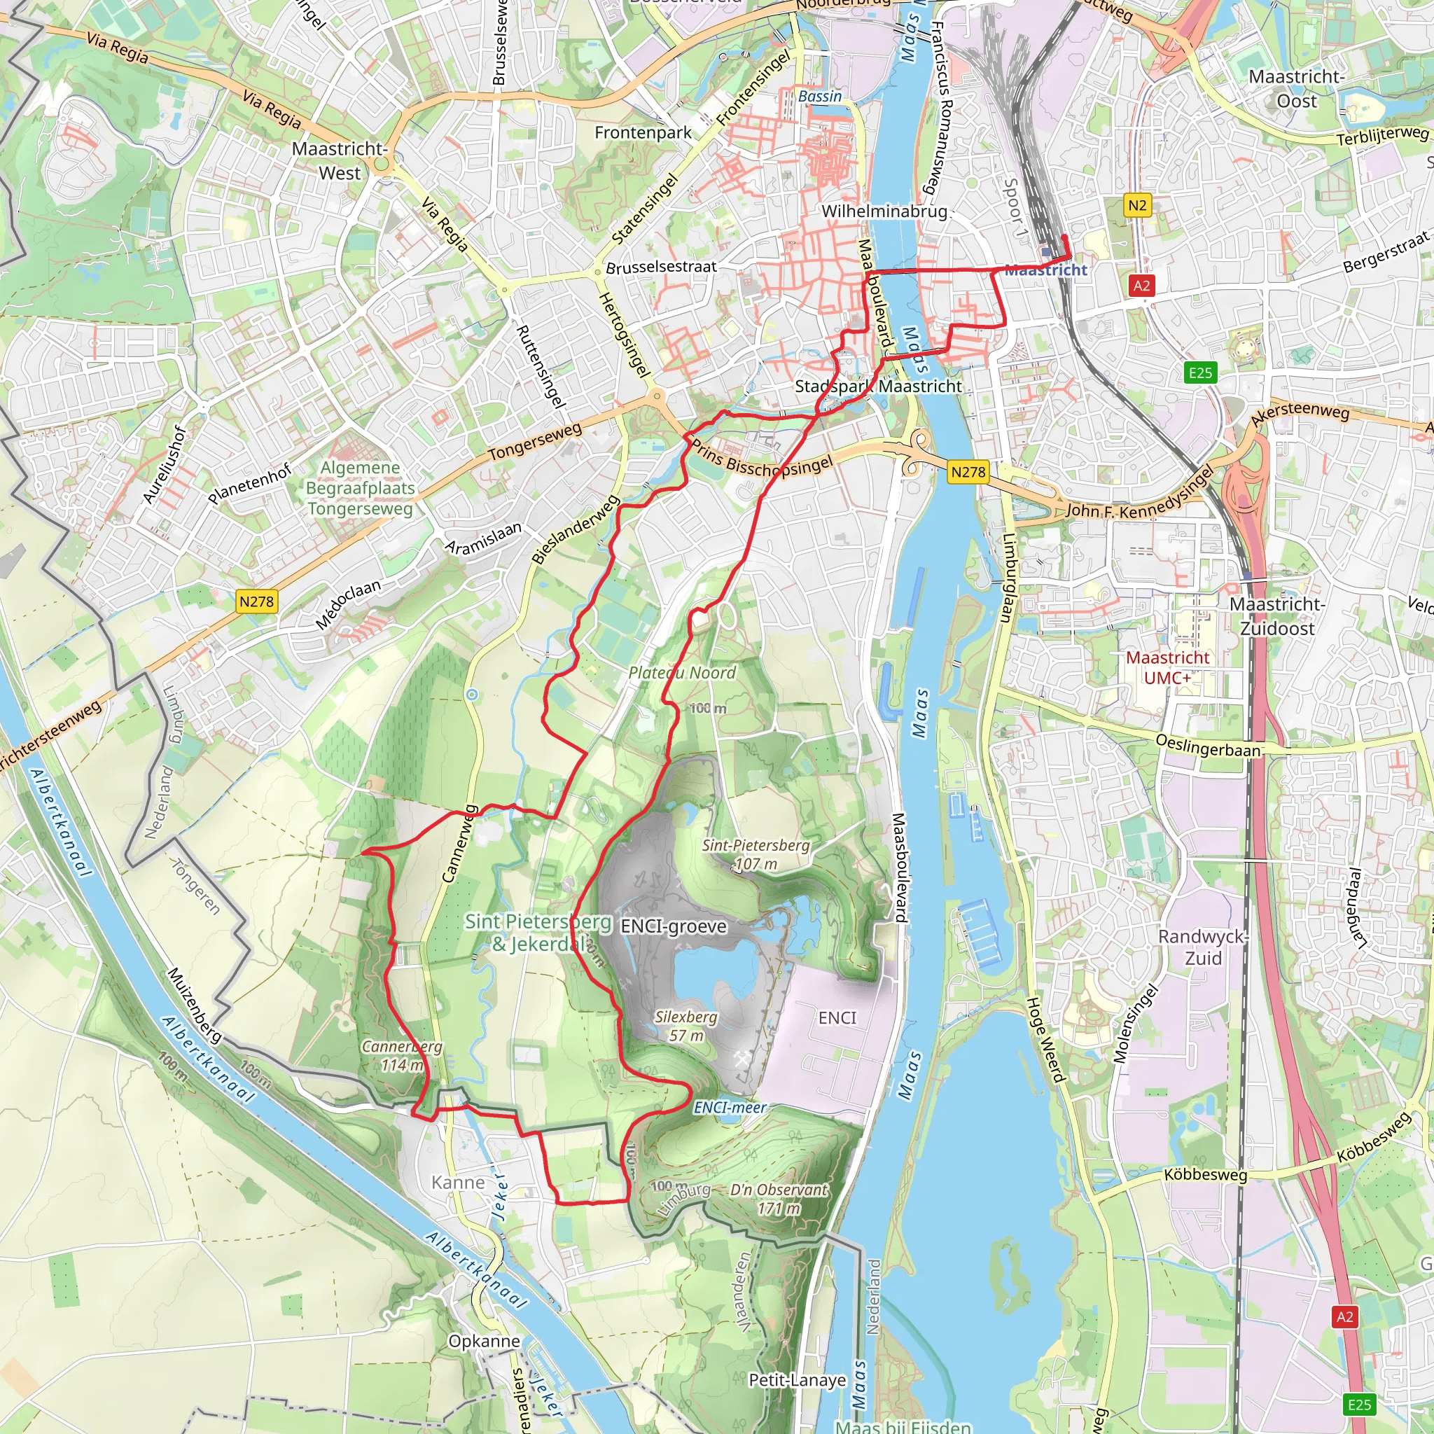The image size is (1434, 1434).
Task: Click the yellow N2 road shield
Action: [1137, 205]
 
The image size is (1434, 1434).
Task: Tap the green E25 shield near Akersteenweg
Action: [1200, 373]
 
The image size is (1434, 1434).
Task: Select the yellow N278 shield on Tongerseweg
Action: [256, 601]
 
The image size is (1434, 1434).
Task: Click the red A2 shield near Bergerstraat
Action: [1141, 285]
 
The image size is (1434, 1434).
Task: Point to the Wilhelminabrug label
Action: [884, 211]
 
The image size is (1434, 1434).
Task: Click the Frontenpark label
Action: [643, 133]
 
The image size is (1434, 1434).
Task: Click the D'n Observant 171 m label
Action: [779, 1199]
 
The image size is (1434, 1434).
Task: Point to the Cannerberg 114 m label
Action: [401, 1055]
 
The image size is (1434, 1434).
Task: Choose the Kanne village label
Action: [458, 1183]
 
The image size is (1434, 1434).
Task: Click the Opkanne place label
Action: [484, 1341]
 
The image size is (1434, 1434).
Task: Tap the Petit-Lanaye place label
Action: [797, 1380]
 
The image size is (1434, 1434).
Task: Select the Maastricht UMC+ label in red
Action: [1167, 667]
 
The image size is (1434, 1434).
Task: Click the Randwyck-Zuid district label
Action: [1202, 947]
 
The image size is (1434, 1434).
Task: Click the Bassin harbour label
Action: [820, 97]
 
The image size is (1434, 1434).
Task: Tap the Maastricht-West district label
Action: [340, 160]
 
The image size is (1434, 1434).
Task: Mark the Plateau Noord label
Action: [682, 672]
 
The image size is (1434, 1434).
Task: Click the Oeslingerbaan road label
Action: [1208, 745]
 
